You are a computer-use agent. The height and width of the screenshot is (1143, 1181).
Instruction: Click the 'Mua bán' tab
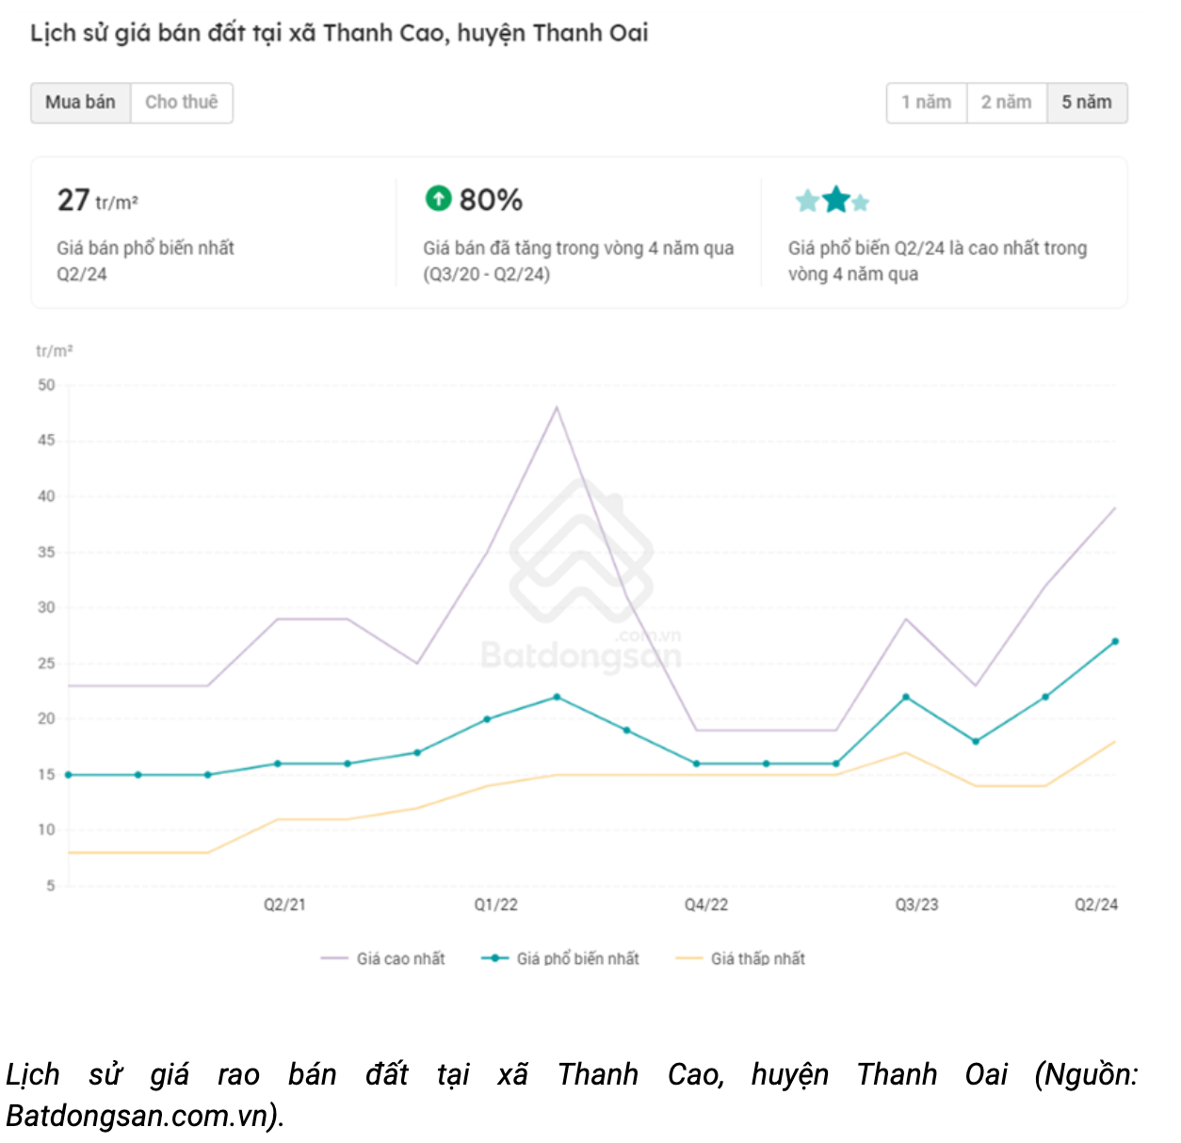(x=80, y=103)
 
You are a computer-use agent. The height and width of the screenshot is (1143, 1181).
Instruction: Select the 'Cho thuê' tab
(x=181, y=103)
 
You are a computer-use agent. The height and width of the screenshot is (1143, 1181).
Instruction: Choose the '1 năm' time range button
(x=926, y=103)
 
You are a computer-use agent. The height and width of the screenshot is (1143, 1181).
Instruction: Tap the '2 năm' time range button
(x=1006, y=103)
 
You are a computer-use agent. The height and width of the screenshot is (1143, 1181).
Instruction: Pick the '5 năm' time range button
(x=1087, y=103)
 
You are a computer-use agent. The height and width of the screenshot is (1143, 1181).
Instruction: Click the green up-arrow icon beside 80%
(x=438, y=199)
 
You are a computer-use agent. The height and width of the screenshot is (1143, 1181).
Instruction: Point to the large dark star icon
(x=835, y=200)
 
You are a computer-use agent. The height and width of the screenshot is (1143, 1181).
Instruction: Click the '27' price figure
(x=73, y=201)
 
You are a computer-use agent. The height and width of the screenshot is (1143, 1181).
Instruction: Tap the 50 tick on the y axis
(x=46, y=385)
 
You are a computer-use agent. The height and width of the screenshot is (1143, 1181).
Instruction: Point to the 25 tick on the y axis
(x=46, y=663)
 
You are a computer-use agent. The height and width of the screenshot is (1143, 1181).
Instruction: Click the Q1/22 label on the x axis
(x=495, y=905)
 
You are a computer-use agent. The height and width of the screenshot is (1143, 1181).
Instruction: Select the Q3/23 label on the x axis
(x=916, y=905)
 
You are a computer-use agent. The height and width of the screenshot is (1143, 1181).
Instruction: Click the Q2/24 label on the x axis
(x=1096, y=905)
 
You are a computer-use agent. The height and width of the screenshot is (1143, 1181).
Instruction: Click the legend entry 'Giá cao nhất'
(x=399, y=958)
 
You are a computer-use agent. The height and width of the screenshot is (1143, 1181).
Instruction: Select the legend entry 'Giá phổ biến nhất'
(x=576, y=958)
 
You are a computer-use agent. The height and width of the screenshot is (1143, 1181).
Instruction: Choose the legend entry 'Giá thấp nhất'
(x=757, y=958)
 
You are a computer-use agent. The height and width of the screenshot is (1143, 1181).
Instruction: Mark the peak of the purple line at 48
(x=557, y=408)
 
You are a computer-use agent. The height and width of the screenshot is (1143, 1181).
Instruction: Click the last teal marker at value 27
(x=1115, y=641)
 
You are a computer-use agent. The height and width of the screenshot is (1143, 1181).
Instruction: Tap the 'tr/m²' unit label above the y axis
(x=54, y=351)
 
